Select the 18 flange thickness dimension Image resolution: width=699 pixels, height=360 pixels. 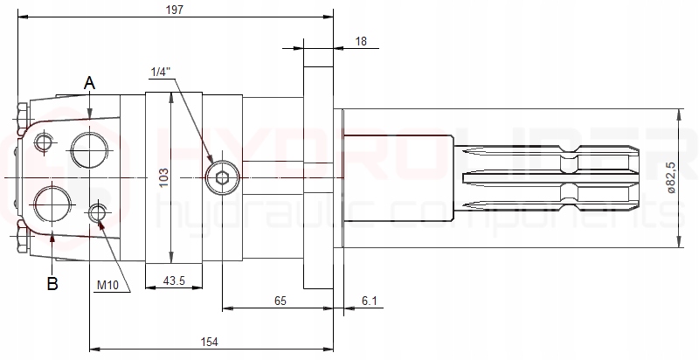[362, 41]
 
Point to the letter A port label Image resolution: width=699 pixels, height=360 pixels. [89, 82]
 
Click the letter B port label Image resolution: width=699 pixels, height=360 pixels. [52, 284]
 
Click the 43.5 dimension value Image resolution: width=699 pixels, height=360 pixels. [173, 281]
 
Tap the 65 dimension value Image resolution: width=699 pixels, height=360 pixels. [280, 301]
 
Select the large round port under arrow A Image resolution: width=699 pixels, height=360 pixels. [90, 149]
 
